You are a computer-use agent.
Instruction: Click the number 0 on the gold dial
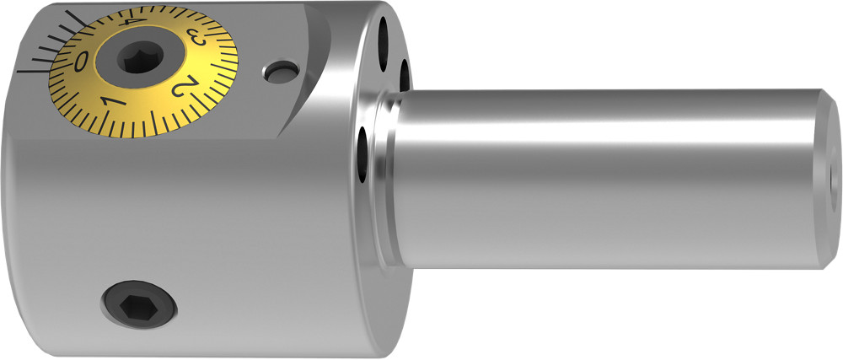81,62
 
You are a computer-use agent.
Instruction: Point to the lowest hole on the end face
363,153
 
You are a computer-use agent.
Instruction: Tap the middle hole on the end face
404,76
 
